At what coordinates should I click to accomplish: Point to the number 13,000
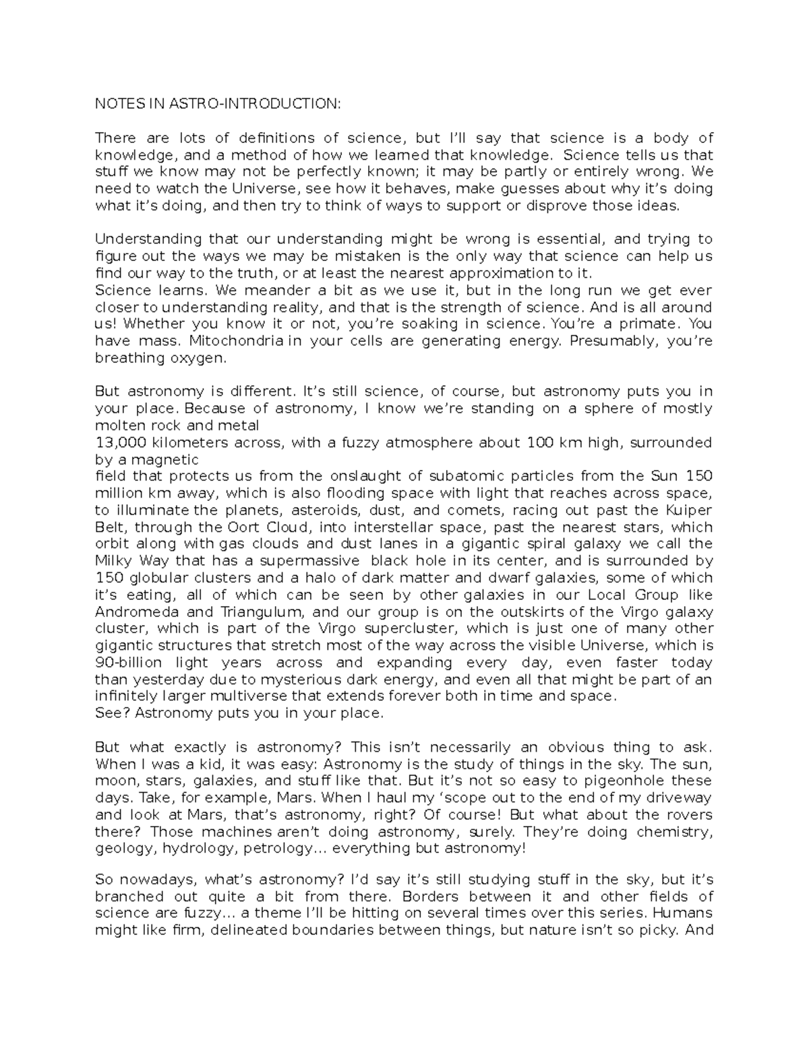[119, 443]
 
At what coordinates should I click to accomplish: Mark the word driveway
[681, 798]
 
